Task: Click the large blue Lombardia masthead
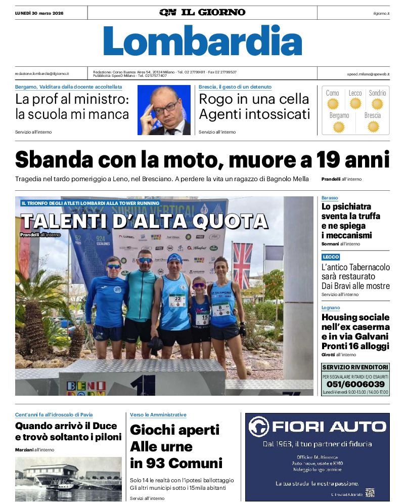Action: tap(202, 40)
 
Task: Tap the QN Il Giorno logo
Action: tap(202, 12)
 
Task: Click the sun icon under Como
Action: tap(332, 104)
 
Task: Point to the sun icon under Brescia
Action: tap(373, 127)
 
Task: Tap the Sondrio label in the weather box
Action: tap(377, 93)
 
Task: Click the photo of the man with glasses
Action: tap(164, 110)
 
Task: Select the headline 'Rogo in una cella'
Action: tap(253, 99)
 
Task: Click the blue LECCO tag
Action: tap(331, 257)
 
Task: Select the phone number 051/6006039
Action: tap(355, 384)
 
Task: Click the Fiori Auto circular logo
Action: tap(259, 427)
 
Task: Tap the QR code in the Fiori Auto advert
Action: tap(370, 492)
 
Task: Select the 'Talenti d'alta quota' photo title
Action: tap(144, 221)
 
